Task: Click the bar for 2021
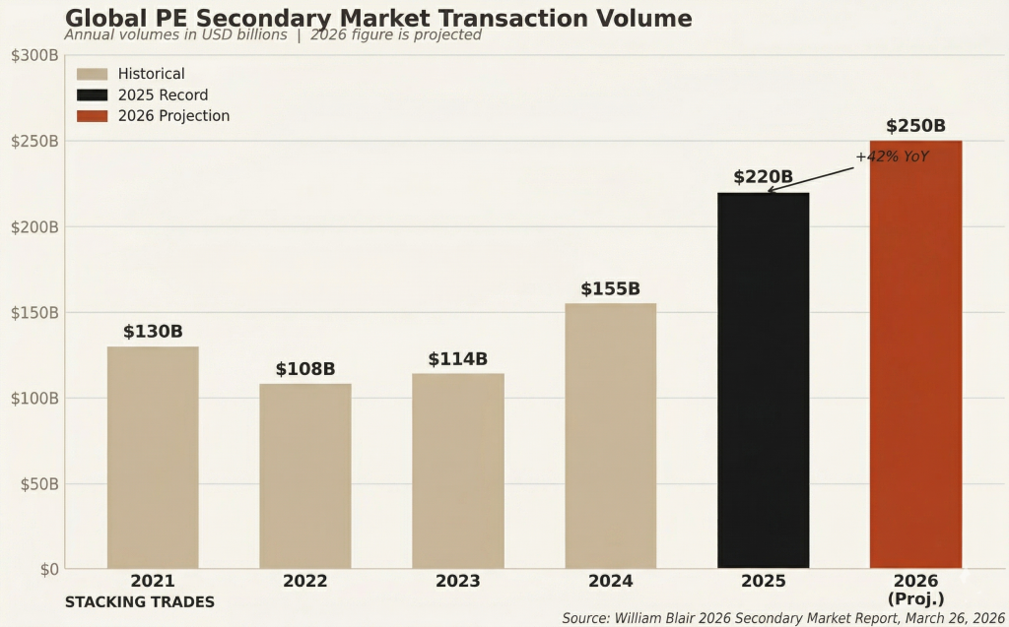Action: click(x=153, y=457)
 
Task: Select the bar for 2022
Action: click(x=305, y=475)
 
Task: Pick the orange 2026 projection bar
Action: click(x=915, y=354)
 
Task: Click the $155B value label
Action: click(x=610, y=289)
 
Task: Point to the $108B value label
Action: click(x=305, y=369)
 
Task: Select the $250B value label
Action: click(x=915, y=126)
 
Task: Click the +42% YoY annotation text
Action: click(x=892, y=157)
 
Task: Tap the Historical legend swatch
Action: click(x=92, y=74)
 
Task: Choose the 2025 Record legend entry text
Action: click(x=163, y=95)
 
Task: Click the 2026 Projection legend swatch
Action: click(x=92, y=116)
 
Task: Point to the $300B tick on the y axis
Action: click(x=34, y=55)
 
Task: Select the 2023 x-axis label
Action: click(x=457, y=581)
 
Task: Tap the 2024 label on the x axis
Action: click(x=610, y=581)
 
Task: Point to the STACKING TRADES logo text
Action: click(x=139, y=601)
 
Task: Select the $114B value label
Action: click(x=457, y=359)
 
